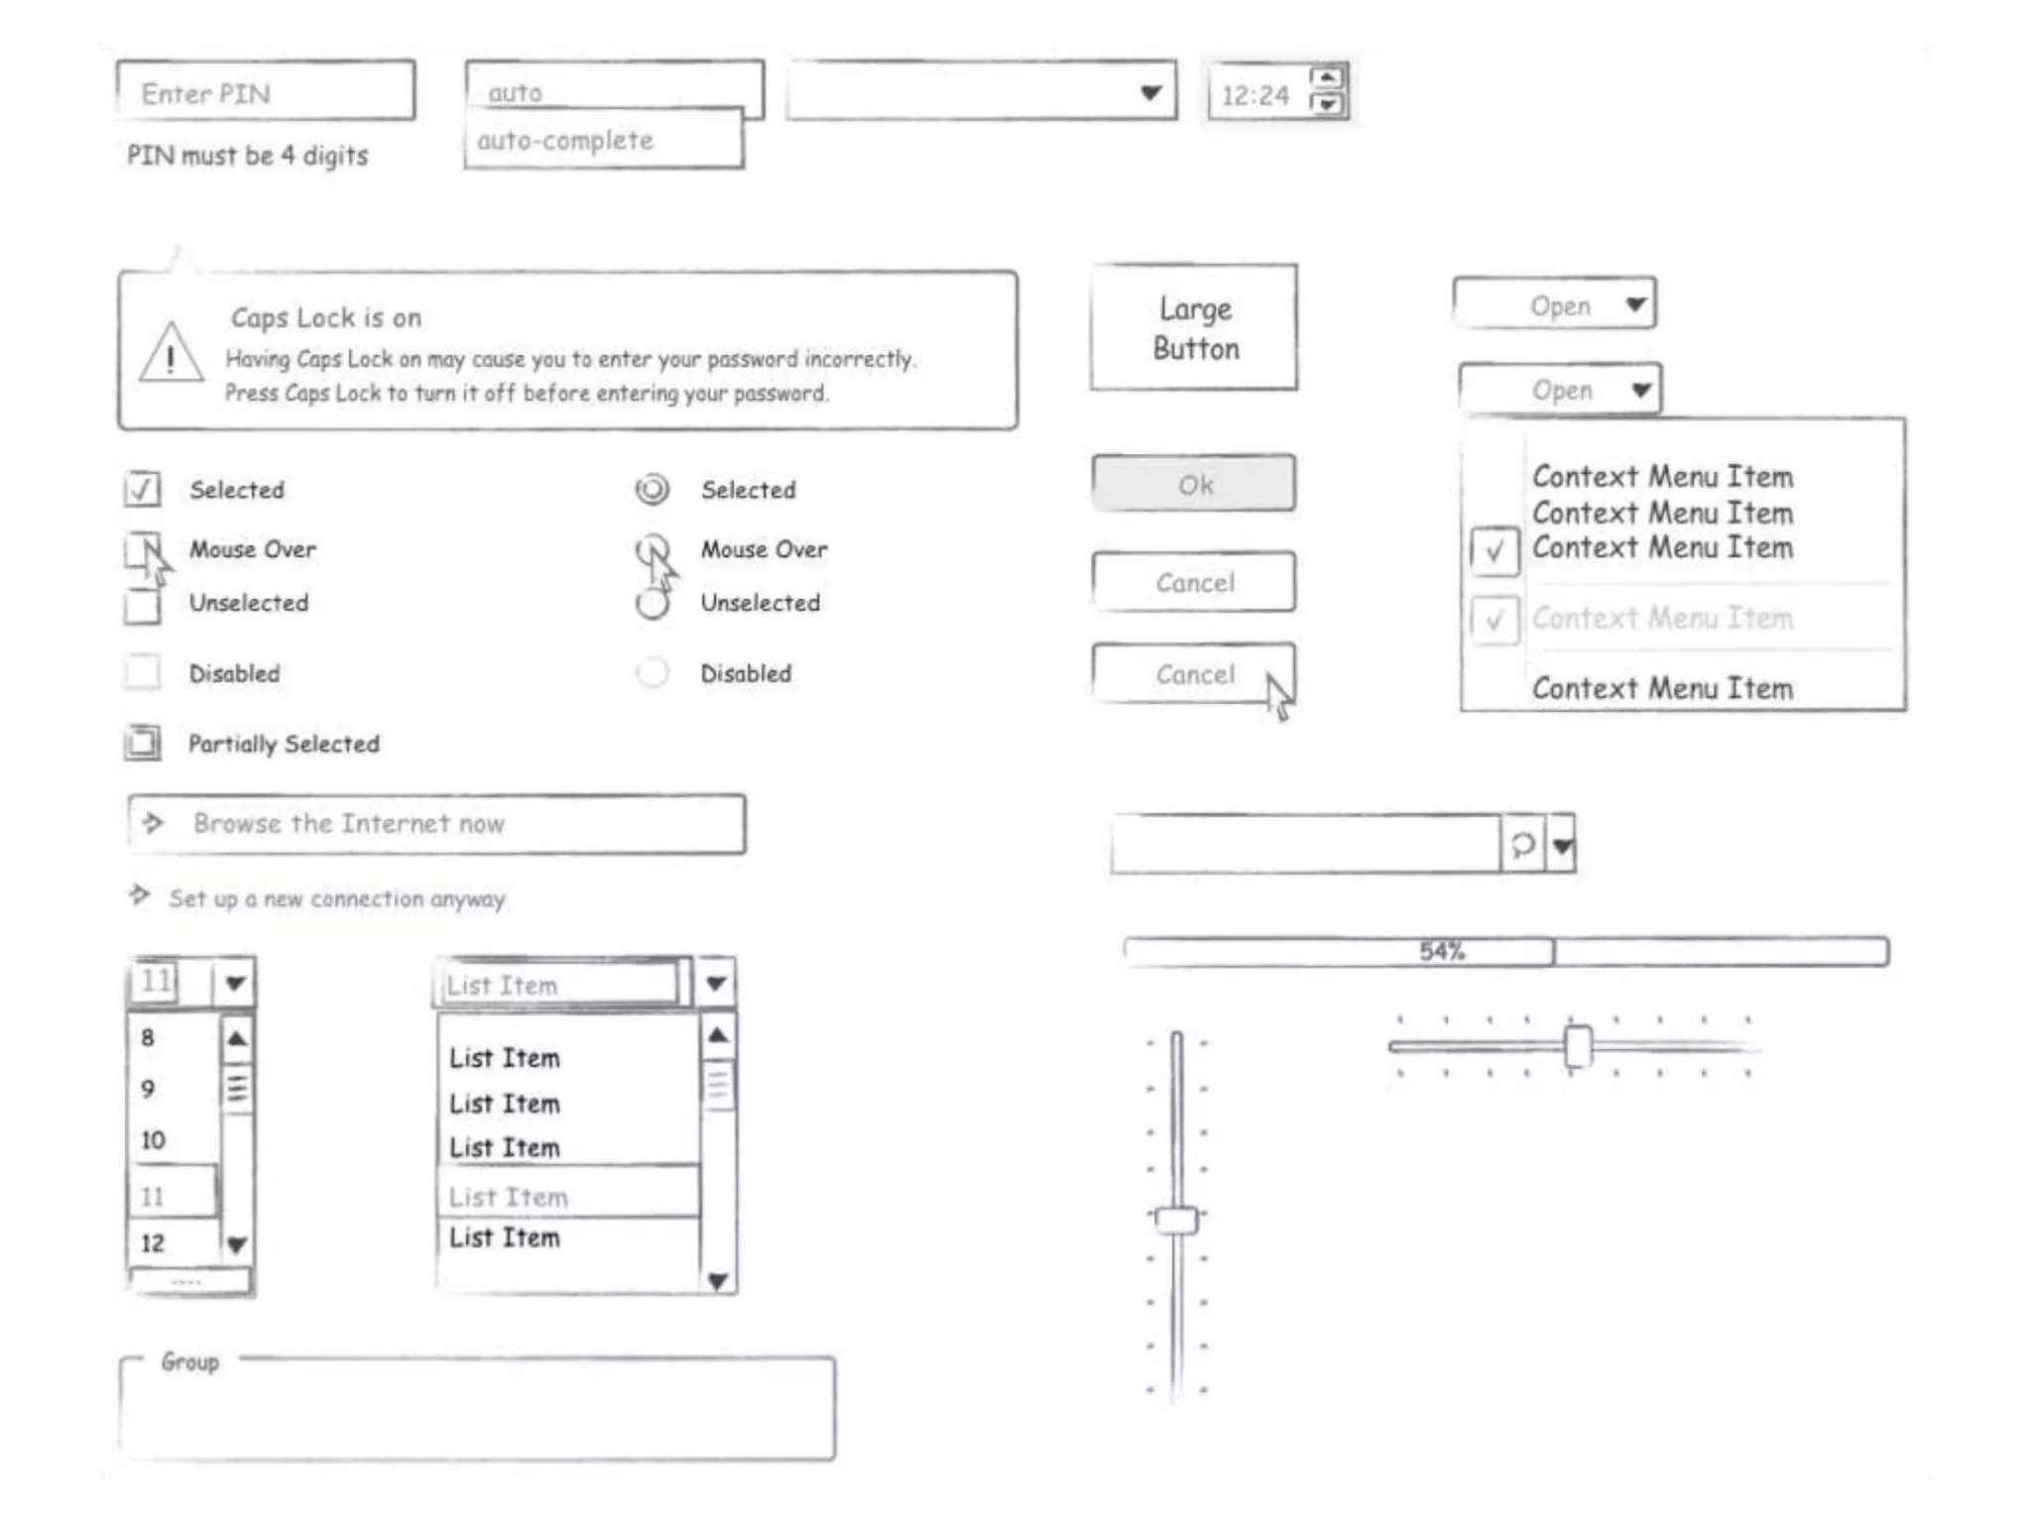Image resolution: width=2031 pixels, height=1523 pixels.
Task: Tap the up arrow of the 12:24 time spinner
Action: coord(1327,77)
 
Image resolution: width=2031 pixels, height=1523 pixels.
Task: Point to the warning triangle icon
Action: coord(171,353)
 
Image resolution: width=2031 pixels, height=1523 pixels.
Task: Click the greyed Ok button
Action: coord(1194,484)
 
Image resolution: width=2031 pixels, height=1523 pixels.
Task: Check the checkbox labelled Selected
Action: coord(143,490)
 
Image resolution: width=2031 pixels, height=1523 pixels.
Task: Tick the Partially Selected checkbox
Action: coord(143,744)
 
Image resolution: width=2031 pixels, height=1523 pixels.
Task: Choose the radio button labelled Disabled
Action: coord(653,673)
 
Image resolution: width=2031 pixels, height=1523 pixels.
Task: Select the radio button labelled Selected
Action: coord(653,490)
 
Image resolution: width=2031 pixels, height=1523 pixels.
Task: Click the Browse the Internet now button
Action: coord(436,824)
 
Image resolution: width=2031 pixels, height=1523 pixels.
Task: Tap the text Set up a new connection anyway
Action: coord(336,899)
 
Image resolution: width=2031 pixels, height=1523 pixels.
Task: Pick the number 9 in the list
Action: coord(149,1089)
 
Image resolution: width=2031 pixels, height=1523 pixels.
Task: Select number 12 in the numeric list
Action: coord(153,1243)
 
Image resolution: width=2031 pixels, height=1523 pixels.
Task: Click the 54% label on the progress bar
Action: coord(1441,952)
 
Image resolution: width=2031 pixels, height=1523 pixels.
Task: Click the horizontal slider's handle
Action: coord(1577,1046)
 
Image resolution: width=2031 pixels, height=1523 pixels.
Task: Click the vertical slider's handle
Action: coord(1177,1220)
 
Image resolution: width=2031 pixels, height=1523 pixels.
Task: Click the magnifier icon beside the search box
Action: coord(1522,845)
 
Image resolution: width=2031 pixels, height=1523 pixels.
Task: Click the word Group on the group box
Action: coord(190,1362)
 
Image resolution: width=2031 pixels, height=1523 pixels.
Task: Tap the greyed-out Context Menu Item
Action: coord(1662,619)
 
